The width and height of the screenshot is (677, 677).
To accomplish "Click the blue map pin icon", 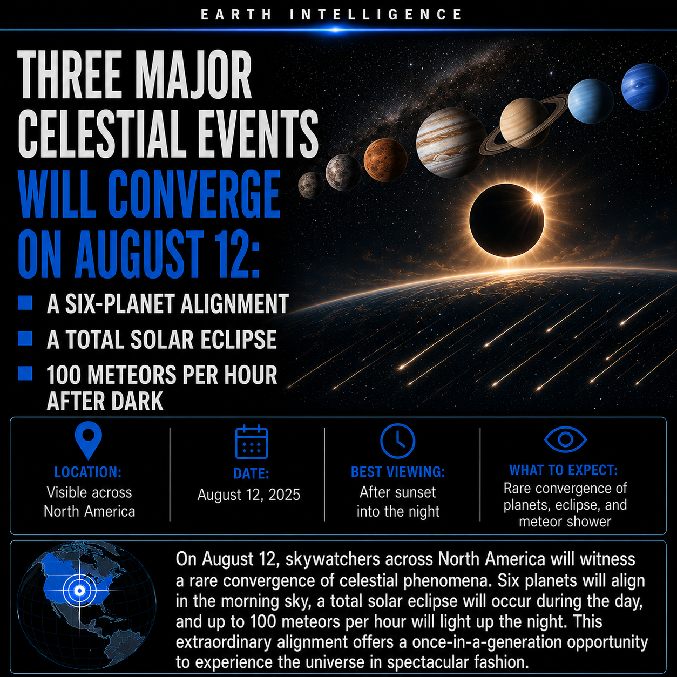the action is [x=88, y=440].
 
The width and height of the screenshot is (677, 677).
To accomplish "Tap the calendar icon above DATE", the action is [x=251, y=442].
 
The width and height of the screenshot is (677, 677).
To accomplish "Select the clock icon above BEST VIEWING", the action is [x=397, y=441].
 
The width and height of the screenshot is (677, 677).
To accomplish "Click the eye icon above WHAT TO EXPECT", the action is [x=565, y=439].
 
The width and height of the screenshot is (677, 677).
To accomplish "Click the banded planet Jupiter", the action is [x=451, y=143].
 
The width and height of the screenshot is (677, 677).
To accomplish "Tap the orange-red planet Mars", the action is [x=385, y=160].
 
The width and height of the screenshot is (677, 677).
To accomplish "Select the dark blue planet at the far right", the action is [x=645, y=87].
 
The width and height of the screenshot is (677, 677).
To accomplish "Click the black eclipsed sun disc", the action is [x=506, y=220].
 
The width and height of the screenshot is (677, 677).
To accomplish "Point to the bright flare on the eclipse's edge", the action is [x=537, y=199].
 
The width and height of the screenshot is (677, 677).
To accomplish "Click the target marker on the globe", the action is [x=80, y=591].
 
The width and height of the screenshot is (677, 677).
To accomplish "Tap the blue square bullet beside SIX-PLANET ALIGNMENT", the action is [x=25, y=303].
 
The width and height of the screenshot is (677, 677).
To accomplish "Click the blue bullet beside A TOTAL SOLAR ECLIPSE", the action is [x=25, y=338].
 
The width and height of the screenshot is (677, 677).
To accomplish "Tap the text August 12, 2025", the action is [x=249, y=495].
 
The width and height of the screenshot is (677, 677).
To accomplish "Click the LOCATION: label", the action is [x=88, y=472].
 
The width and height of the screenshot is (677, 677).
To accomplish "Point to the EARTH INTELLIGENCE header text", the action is [x=331, y=15].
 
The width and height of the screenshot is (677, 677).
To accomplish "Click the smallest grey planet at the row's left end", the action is [x=311, y=185].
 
